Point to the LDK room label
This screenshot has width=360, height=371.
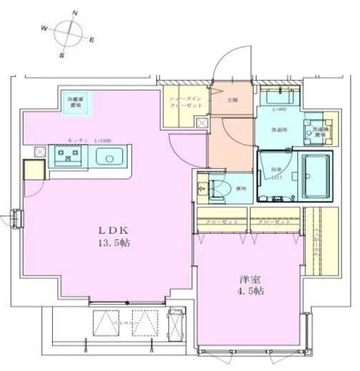pyautogui.click(x=110, y=230)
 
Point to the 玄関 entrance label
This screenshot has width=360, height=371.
pyautogui.click(x=231, y=100)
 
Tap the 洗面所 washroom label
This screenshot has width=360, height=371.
pyautogui.click(x=279, y=130)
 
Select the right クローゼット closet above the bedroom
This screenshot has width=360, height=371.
pyautogui.click(x=275, y=222)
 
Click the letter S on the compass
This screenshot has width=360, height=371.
pyautogui.click(x=61, y=54)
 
